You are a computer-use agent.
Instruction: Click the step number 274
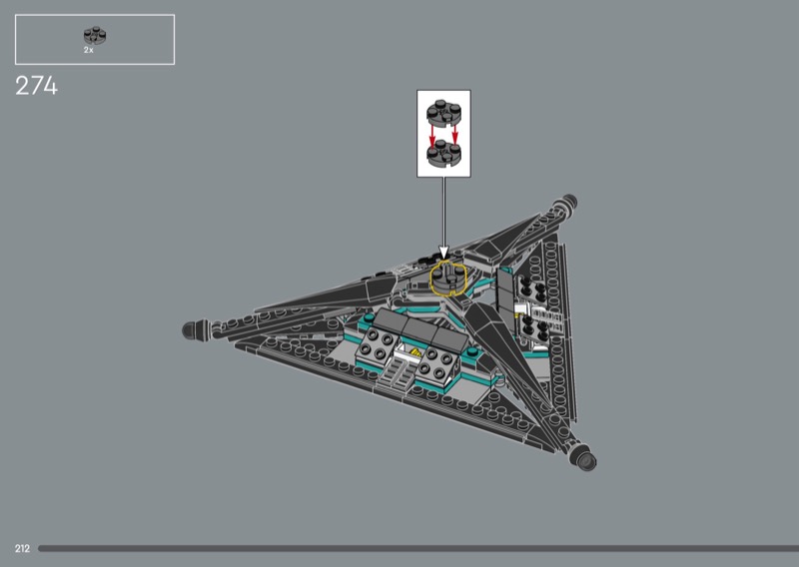pos(36,86)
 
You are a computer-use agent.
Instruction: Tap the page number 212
pos(22,549)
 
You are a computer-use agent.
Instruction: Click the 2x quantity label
pos(89,51)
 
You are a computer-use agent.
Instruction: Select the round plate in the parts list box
pos(95,36)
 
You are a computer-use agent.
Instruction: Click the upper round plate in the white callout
pos(443,112)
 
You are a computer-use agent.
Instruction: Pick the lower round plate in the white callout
pos(443,154)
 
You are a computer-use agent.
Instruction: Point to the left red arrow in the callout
pos(432,136)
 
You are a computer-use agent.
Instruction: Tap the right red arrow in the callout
pos(455,134)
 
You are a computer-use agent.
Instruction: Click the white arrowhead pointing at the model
pos(443,254)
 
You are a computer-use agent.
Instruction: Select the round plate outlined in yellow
pos(447,279)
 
